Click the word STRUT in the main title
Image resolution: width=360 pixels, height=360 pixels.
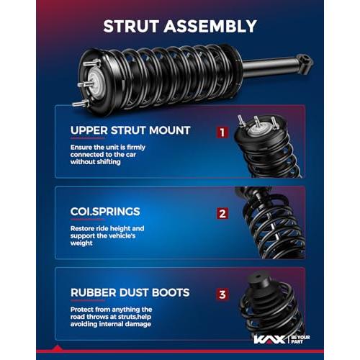coord(131,26)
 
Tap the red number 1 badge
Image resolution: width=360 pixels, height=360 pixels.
coord(222,132)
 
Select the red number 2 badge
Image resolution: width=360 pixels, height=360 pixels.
coord(222,213)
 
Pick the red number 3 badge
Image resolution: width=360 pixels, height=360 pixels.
coord(222,294)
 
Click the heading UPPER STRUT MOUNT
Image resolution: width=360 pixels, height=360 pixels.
coord(130,130)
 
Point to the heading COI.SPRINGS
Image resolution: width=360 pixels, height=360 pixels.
coord(105,212)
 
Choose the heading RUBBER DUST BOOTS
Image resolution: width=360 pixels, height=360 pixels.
coord(130,292)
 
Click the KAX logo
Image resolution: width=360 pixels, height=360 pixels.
coord(269,340)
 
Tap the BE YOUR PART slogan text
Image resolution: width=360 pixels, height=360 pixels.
coord(300,339)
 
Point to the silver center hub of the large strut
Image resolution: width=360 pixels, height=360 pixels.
coord(95,79)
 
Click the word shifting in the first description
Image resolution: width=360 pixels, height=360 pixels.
coord(107,162)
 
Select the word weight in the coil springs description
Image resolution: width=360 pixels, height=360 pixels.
coord(81,243)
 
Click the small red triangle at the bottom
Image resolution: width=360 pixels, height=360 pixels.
coord(57,348)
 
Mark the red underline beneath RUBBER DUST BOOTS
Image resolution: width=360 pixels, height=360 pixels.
coord(88,300)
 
